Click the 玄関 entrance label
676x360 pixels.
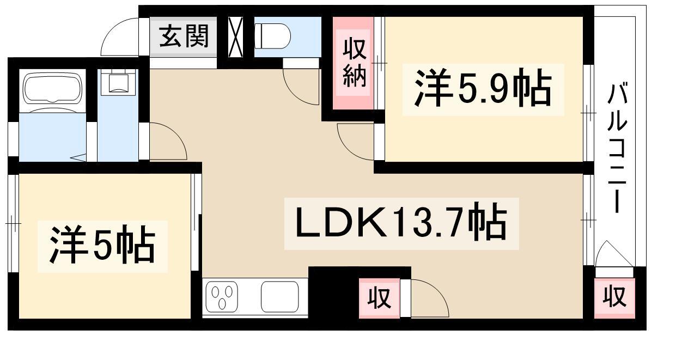(184, 36)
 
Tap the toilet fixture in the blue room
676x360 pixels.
(272, 36)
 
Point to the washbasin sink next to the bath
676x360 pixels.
(118, 82)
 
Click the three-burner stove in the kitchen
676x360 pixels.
(222, 297)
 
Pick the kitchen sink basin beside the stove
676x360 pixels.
(280, 297)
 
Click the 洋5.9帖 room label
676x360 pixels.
(483, 88)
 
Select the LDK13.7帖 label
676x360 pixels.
(401, 224)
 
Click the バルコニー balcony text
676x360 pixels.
(618, 148)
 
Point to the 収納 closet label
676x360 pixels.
(354, 63)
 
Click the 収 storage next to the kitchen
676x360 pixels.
(379, 298)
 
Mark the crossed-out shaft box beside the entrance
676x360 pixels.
(236, 37)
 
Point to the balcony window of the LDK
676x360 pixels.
(588, 219)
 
